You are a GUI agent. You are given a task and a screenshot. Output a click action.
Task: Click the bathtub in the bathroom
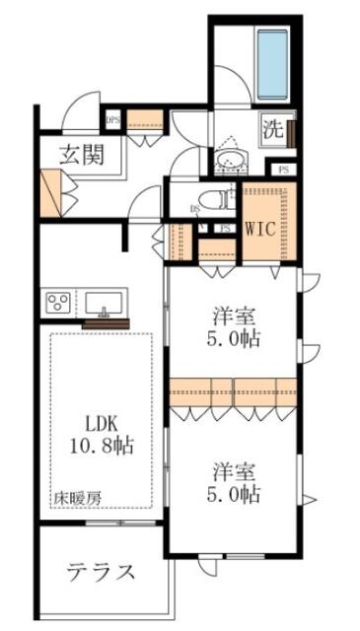point(273,64)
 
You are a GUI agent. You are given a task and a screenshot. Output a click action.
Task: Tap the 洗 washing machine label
point(272,129)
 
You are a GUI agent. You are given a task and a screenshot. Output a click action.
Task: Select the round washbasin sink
point(232,162)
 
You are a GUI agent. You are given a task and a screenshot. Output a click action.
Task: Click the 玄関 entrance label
point(81,154)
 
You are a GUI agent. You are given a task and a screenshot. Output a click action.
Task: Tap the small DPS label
point(112,121)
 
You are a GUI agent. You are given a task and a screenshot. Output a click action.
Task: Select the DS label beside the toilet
point(194,208)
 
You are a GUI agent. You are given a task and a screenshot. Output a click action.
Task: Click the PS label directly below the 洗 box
point(285,170)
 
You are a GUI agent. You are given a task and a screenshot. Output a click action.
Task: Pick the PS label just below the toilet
point(225,229)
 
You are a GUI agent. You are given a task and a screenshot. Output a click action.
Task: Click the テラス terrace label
point(101,571)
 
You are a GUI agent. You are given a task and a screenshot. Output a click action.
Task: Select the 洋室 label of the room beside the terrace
point(234,467)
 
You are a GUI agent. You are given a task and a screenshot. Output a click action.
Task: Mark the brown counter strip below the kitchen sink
point(107,322)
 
